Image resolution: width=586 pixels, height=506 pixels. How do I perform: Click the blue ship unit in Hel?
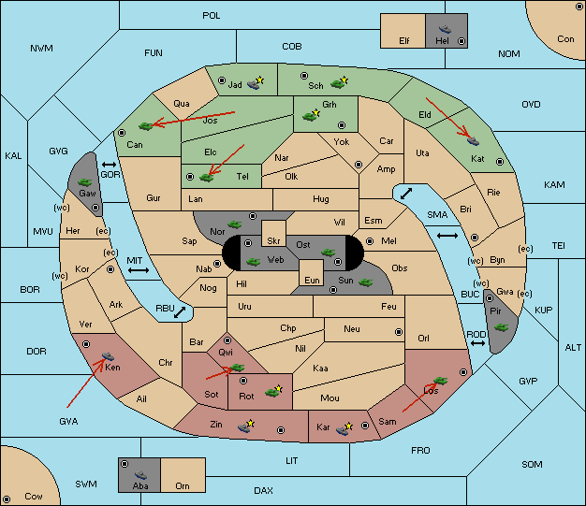click(x=445, y=29)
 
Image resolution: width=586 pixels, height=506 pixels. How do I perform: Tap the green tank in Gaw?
click(x=85, y=182)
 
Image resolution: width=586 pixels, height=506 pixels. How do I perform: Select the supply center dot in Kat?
click(x=500, y=162)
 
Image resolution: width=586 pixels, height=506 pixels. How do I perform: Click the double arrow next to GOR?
click(x=110, y=165)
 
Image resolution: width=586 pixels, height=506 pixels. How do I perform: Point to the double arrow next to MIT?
click(x=139, y=270)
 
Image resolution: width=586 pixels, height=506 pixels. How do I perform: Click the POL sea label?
click(x=212, y=16)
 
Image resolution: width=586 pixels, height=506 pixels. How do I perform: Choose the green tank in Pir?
click(x=501, y=327)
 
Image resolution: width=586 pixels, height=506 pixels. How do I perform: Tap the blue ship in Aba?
click(x=141, y=475)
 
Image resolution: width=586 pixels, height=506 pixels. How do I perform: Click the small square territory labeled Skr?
click(x=273, y=233)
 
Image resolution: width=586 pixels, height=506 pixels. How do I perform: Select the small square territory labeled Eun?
click(x=312, y=272)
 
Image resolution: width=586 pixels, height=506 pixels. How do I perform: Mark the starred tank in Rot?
click(x=273, y=391)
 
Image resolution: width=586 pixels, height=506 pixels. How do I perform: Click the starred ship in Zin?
click(x=246, y=426)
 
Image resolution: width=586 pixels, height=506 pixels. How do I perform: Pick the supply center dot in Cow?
click(x=7, y=499)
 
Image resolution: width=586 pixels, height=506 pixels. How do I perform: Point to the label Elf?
click(x=404, y=41)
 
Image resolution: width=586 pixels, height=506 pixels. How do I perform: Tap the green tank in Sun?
click(x=365, y=282)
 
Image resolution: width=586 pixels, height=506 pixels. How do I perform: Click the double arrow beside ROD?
click(x=477, y=343)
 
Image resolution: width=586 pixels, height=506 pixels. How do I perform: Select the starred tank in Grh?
click(x=312, y=116)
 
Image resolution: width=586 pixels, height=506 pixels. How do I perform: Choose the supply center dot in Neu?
click(x=399, y=332)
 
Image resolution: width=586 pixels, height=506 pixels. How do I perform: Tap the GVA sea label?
click(x=68, y=422)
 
